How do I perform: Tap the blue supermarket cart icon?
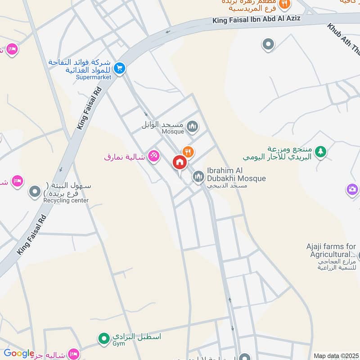point(119,68)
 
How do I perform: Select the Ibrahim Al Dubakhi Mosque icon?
point(198,177)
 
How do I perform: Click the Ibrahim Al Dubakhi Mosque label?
point(236,175)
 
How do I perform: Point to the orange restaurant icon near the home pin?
point(188,152)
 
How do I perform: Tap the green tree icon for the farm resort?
point(320,152)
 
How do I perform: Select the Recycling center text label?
point(66,200)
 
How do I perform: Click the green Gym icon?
point(104,337)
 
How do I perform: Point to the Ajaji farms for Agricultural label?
point(331,250)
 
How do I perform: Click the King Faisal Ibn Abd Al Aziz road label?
point(256,19)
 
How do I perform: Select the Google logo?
point(19,354)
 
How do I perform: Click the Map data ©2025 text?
point(335,355)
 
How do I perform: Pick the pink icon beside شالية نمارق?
point(154,156)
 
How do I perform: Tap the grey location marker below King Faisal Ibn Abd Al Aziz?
point(268,45)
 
